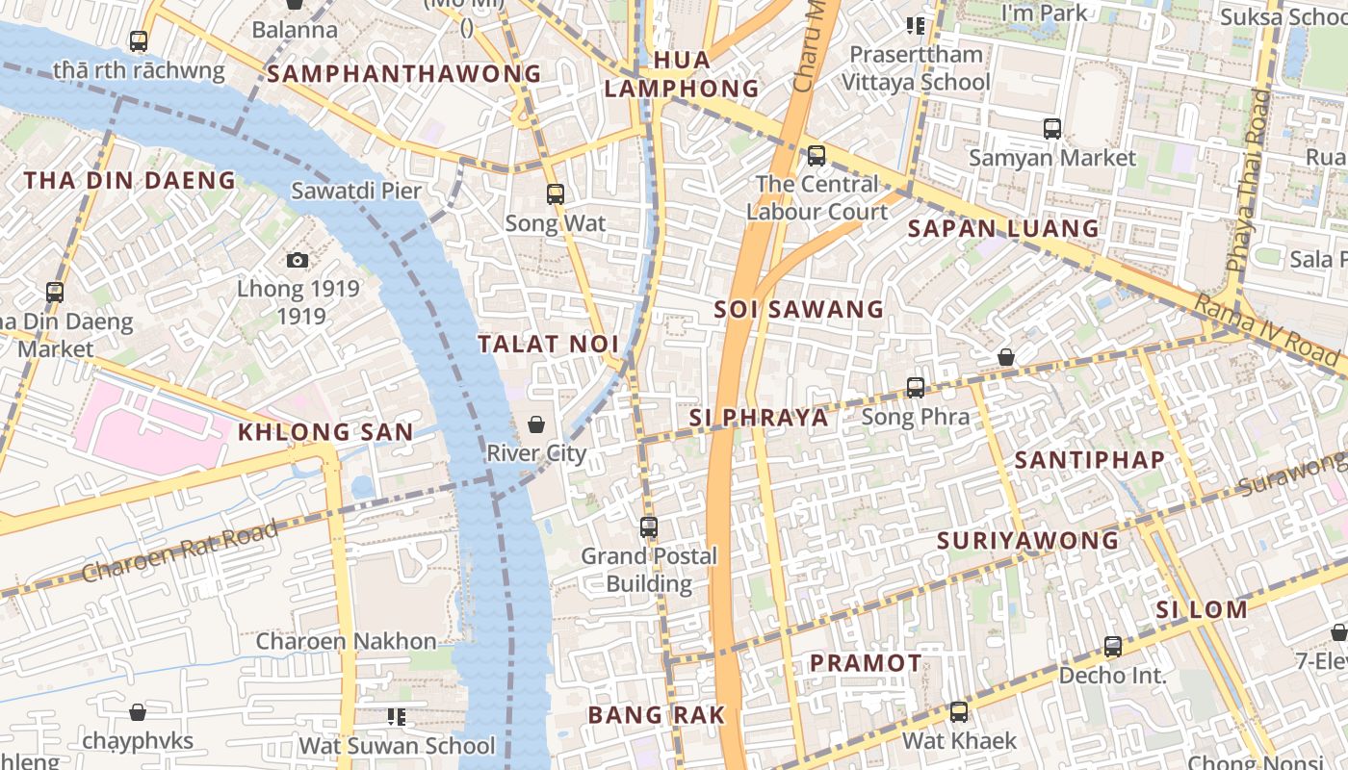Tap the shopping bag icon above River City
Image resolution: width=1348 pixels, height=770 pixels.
point(536,424)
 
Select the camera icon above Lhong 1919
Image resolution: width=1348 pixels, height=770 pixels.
point(298,260)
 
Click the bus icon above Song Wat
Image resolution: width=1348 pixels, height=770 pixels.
point(556,194)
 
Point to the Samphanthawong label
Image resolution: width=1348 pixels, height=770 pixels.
point(404,74)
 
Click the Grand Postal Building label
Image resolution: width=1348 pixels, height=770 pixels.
point(649,570)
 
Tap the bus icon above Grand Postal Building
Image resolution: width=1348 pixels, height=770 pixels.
point(649,527)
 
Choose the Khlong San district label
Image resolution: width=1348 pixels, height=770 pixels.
point(325,432)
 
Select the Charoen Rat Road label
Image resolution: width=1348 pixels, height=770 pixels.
point(180,551)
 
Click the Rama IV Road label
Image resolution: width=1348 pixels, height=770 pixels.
point(1266,330)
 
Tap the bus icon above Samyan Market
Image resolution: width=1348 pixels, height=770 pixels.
point(1052,128)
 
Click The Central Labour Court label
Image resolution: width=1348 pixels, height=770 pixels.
point(817,197)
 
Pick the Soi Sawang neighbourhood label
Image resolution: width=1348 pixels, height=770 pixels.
point(799,309)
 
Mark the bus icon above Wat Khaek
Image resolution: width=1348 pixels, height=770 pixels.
point(959,712)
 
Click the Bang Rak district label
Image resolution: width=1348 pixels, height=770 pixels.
point(656,715)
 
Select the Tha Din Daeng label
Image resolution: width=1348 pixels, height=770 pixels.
point(129,180)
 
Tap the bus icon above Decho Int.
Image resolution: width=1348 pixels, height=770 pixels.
point(1113,647)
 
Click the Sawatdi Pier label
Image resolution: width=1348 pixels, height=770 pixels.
point(356,191)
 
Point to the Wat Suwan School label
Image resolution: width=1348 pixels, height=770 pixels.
point(397,746)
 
